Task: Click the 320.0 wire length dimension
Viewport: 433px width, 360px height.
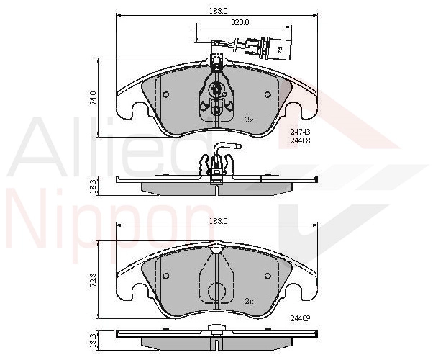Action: (x=240, y=22)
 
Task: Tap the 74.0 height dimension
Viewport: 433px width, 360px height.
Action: (x=94, y=98)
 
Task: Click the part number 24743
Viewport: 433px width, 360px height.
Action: (x=300, y=132)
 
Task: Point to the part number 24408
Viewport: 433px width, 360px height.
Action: (x=300, y=140)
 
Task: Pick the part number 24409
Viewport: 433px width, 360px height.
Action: (x=300, y=318)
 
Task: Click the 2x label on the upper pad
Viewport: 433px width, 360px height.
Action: (x=249, y=120)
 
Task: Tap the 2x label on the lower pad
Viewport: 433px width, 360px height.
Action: (x=249, y=302)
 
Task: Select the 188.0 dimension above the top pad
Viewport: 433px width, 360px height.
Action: (x=218, y=11)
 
